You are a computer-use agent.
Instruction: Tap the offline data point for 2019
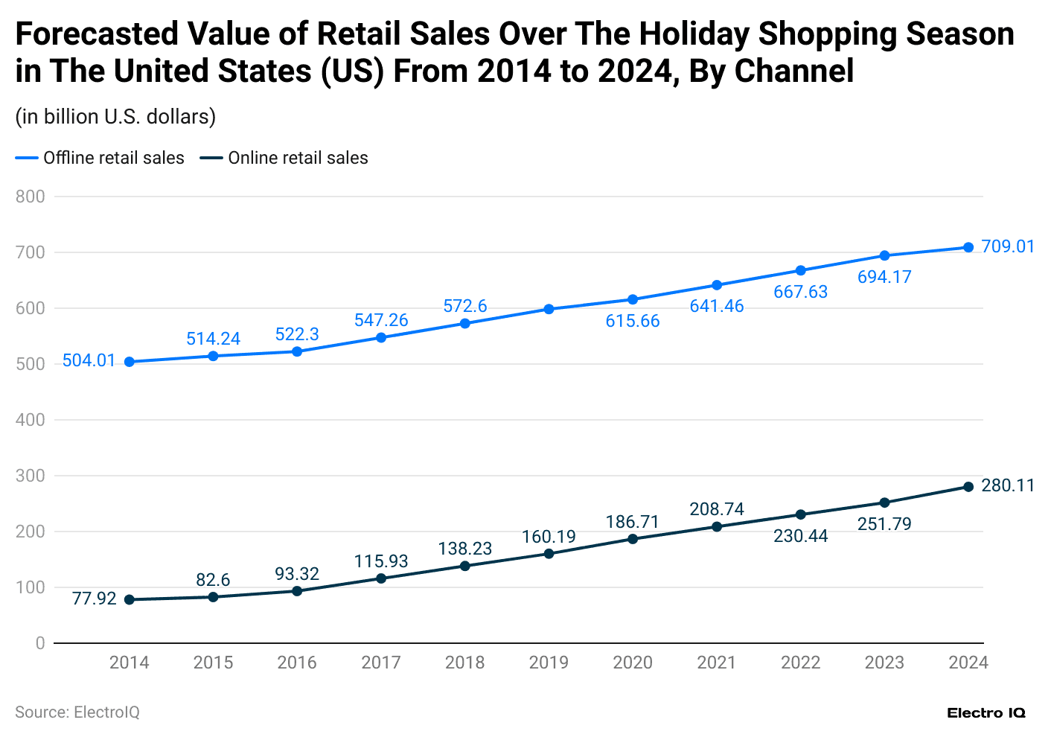pos(549,309)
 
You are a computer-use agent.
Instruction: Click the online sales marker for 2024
pos(968,487)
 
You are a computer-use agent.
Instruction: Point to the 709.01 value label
pos(1008,246)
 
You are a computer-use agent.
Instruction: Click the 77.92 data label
pos(94,599)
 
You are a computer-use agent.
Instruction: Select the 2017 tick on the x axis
pos(381,663)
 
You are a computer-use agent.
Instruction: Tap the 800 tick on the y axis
pos(30,197)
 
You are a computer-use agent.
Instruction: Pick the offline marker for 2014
pos(130,362)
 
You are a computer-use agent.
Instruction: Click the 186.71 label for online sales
pos(633,522)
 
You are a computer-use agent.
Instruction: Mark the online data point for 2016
pos(297,591)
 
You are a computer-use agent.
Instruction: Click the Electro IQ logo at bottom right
pos(986,712)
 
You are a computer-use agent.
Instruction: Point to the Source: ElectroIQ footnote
pos(77,712)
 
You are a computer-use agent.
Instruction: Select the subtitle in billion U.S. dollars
pos(115,117)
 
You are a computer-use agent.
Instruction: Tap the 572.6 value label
pos(465,306)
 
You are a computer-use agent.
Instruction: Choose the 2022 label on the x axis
pos(801,663)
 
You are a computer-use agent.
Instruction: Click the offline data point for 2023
pos(884,256)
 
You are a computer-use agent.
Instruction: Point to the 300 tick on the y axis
pos(30,476)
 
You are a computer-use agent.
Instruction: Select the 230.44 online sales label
pos(801,536)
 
